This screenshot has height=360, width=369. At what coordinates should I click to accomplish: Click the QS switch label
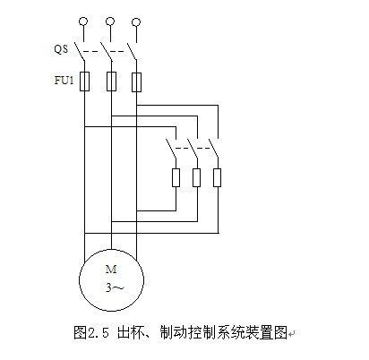coord(61,48)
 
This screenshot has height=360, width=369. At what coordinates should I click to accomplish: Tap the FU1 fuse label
coord(64,81)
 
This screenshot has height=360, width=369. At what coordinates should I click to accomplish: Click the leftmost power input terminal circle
coord(83,21)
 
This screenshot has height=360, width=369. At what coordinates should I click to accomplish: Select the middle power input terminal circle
coord(110,21)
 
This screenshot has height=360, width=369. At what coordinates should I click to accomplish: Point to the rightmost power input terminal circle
coord(136,22)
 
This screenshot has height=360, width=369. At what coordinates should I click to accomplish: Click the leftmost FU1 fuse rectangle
coord(84,81)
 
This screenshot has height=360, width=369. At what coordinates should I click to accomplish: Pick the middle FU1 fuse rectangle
coord(111,81)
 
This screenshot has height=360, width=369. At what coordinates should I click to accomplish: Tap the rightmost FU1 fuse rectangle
coord(136,82)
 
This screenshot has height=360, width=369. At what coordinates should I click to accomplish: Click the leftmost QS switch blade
coord(80,51)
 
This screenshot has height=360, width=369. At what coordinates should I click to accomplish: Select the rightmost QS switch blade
coord(132,51)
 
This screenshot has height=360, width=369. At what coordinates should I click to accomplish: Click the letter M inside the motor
coord(111,270)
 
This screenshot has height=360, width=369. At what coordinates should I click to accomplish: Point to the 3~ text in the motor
coord(114,287)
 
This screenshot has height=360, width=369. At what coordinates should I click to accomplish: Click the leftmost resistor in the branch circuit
coord(176,177)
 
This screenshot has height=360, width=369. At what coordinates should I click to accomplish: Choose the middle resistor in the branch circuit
coord(196,177)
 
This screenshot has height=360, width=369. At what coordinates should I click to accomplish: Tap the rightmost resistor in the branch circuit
coord(218,177)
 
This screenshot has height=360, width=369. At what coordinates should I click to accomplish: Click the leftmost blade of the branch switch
coord(171,149)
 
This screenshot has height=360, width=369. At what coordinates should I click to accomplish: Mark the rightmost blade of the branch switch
coord(213,148)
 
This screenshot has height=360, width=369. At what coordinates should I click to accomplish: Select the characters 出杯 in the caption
coord(131,332)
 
